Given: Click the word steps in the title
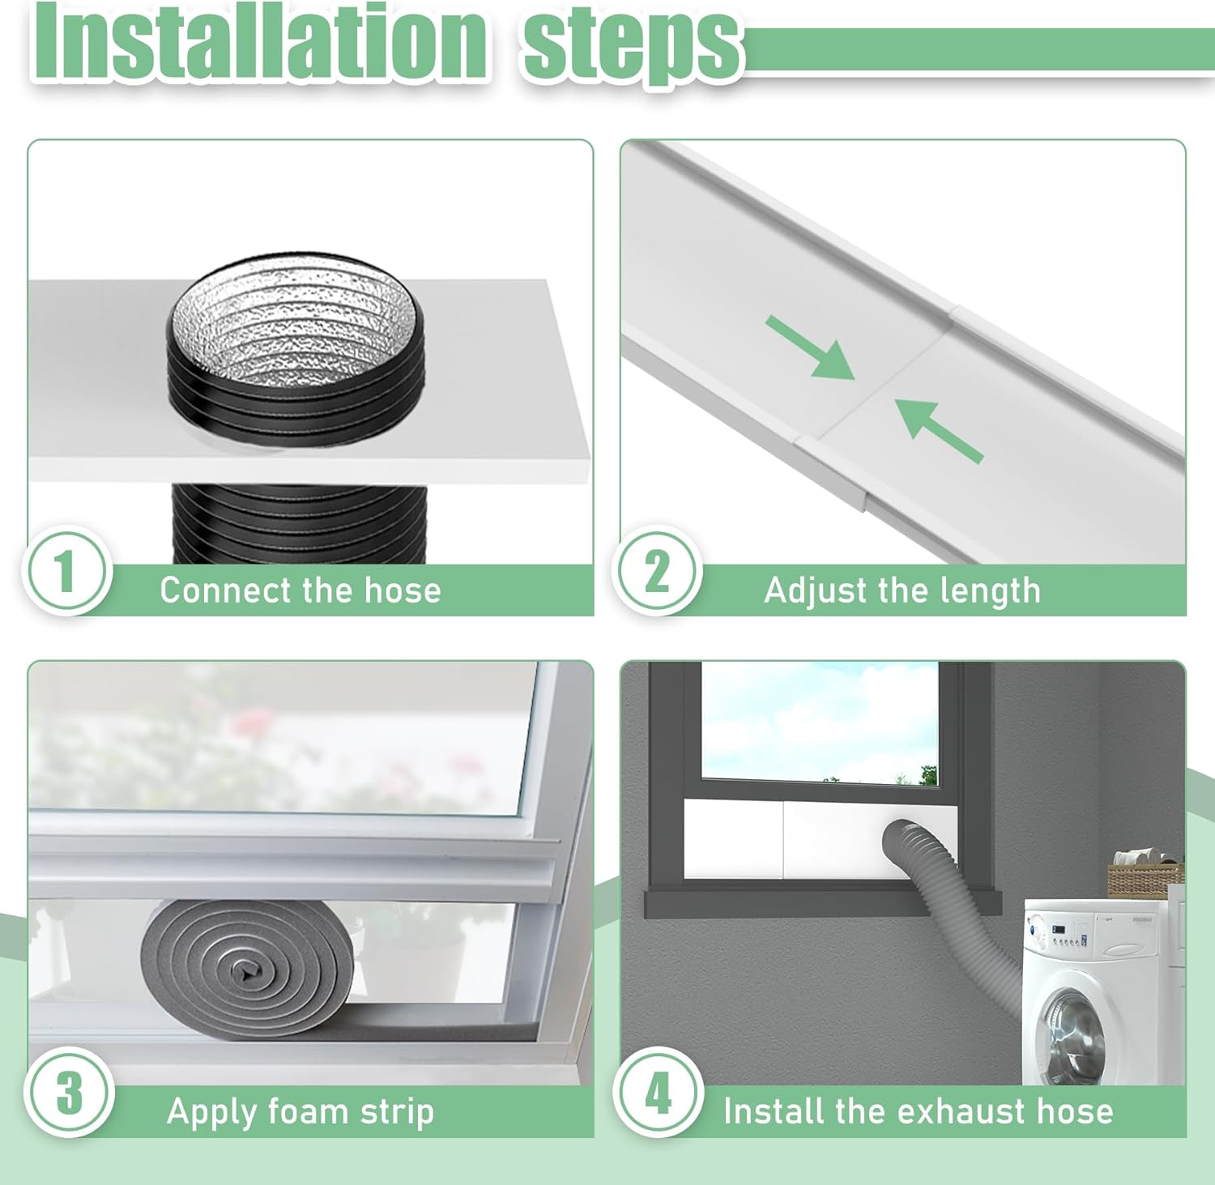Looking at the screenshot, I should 632,45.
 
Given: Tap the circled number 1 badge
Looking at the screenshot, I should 66,570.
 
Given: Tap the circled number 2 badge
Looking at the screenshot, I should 657,570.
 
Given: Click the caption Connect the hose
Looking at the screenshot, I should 301,590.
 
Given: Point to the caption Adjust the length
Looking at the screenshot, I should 902,590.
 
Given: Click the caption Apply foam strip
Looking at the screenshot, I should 301,1111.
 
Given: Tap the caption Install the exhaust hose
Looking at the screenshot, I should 918,1111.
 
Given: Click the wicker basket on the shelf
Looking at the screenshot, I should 1144,880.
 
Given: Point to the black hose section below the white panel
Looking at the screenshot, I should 299,522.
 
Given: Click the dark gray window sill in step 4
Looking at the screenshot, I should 822,901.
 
